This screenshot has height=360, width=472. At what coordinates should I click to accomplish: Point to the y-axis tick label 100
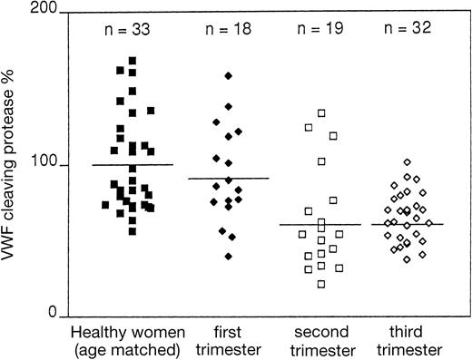pyautogui.click(x=47, y=165)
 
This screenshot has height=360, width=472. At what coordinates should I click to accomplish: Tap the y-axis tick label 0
pyautogui.click(x=54, y=313)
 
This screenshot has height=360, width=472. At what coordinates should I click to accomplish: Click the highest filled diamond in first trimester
pyautogui.click(x=229, y=75)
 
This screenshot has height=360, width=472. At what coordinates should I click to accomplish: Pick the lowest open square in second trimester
pyautogui.click(x=321, y=284)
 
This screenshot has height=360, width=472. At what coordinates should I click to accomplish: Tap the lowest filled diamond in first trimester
pyautogui.click(x=229, y=257)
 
